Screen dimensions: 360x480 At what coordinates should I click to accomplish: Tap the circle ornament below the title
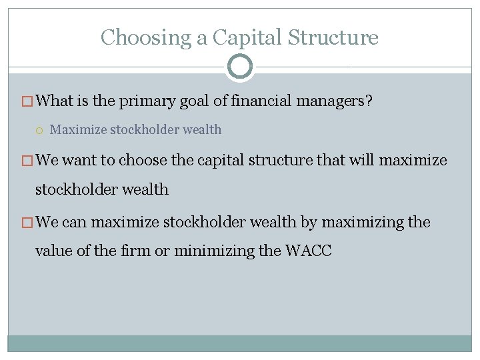(x=240, y=67)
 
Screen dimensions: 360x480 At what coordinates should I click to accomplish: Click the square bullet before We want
(x=27, y=161)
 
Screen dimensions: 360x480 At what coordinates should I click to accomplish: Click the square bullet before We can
(x=27, y=222)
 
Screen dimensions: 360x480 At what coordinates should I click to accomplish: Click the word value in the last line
(x=52, y=251)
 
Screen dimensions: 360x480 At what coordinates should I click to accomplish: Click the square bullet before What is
(x=27, y=102)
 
